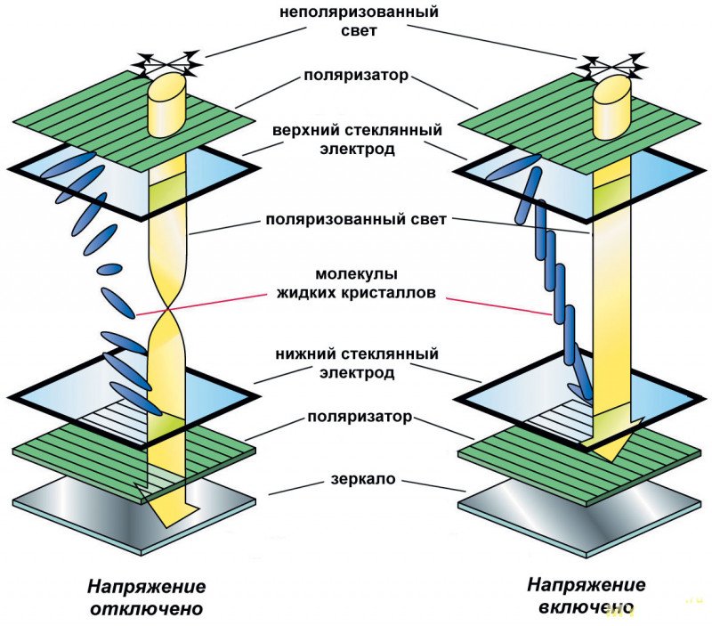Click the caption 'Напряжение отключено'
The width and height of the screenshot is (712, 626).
pos(146,598)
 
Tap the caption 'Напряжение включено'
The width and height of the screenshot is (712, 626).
pos(585,596)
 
